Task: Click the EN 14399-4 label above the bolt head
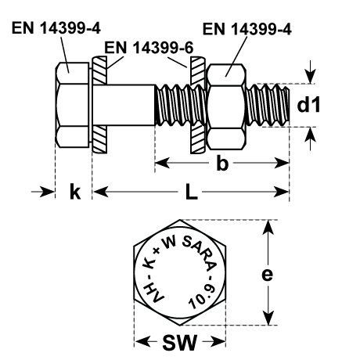[x=56, y=28]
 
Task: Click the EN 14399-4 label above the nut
[x=247, y=29]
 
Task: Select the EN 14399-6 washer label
[x=149, y=48]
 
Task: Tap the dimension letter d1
[x=308, y=105]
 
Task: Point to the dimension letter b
[x=222, y=164]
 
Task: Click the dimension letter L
[x=191, y=193]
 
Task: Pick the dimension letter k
[x=75, y=192]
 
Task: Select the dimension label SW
[x=179, y=342]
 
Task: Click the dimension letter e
[x=267, y=275]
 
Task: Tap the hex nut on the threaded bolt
[x=226, y=106]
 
